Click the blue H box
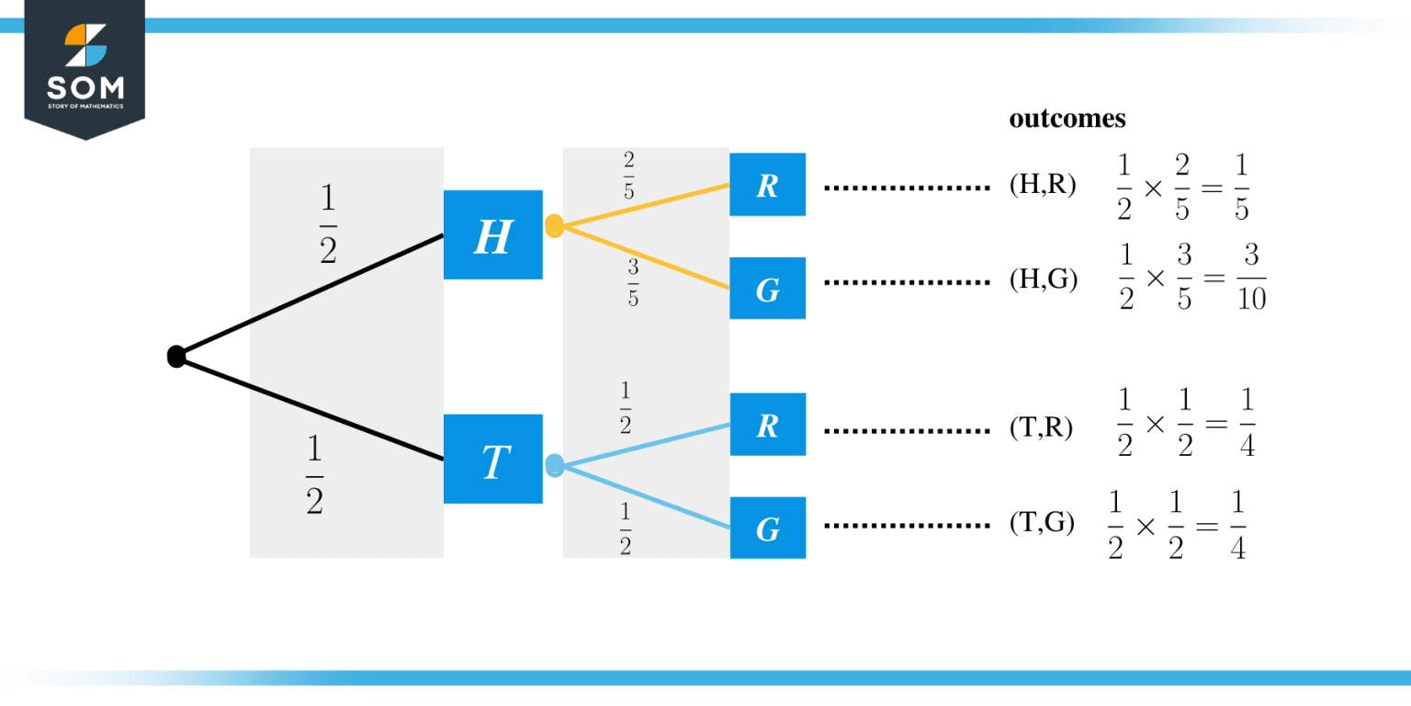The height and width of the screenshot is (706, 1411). click(x=493, y=235)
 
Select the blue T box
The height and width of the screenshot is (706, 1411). click(x=493, y=459)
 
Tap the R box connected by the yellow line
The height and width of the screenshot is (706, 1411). click(x=767, y=185)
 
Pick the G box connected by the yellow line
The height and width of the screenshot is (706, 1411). click(x=767, y=289)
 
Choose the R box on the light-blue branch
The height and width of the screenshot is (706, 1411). click(x=767, y=425)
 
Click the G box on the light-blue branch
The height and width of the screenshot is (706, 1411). click(x=767, y=529)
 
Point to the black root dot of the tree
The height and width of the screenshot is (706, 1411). click(x=176, y=357)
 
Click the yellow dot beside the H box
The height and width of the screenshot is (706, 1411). click(x=554, y=226)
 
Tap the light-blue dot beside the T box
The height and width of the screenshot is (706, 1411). click(x=554, y=465)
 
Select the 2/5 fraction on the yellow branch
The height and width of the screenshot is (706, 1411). click(x=628, y=176)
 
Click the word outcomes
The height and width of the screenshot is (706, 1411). click(x=1067, y=120)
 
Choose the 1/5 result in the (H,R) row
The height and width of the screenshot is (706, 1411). click(x=1240, y=187)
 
